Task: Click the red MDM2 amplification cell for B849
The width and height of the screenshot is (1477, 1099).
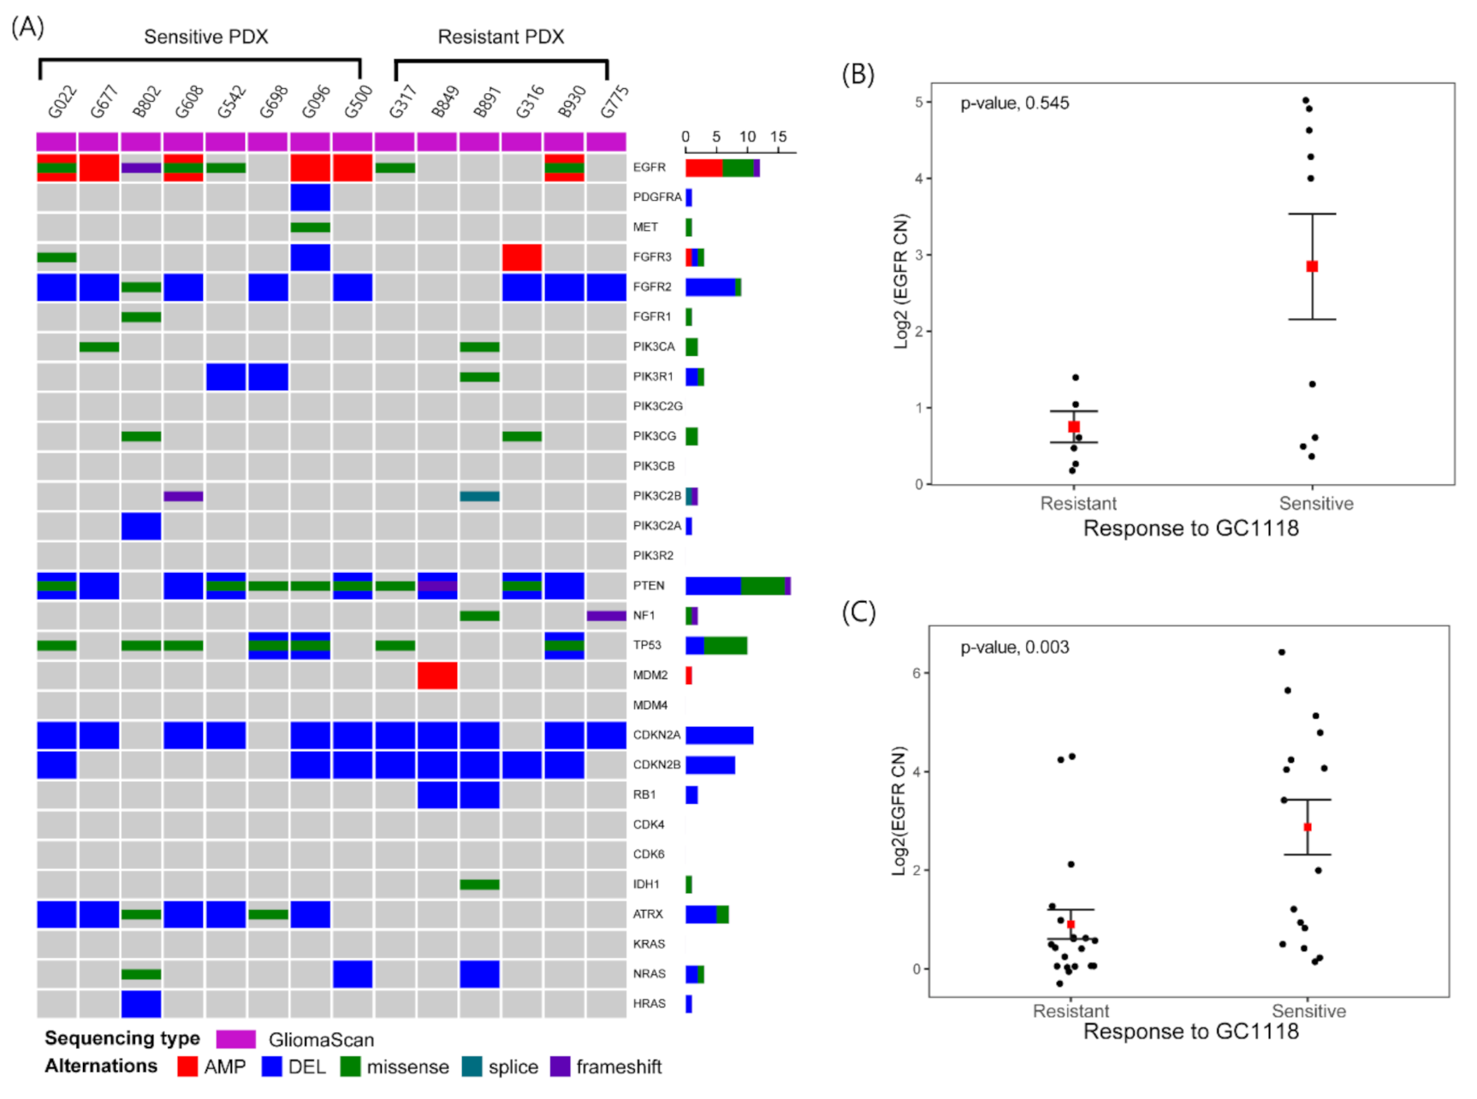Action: click(437, 675)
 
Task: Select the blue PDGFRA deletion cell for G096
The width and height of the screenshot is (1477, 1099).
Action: click(310, 197)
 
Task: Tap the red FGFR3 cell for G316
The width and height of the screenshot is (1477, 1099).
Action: click(521, 257)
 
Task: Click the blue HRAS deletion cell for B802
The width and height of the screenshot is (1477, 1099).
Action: click(141, 1003)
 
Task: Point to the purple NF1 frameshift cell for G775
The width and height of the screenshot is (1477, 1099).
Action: click(606, 616)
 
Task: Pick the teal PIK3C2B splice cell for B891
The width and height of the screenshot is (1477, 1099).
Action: click(479, 496)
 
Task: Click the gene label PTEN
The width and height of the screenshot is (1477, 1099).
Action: click(649, 586)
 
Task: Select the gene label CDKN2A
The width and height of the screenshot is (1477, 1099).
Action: click(656, 735)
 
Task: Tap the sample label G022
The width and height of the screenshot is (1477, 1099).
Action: click(62, 102)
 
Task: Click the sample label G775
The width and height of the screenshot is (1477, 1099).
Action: click(614, 102)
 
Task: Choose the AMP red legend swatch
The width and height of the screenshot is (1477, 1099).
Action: click(187, 1067)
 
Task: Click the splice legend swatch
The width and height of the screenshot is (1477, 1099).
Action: click(472, 1067)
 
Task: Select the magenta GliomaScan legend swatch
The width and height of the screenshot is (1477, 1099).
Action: click(235, 1039)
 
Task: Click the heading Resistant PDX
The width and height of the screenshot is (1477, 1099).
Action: click(501, 37)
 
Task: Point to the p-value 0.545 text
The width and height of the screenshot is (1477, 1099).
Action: click(1014, 103)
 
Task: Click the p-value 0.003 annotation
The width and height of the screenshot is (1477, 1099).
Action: click(1014, 647)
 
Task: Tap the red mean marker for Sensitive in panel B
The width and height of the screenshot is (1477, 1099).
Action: click(1312, 266)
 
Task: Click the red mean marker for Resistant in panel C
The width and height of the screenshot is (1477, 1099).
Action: click(1071, 925)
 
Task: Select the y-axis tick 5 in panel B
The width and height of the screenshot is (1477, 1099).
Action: click(918, 102)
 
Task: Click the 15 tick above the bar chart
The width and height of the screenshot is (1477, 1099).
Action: click(778, 137)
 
